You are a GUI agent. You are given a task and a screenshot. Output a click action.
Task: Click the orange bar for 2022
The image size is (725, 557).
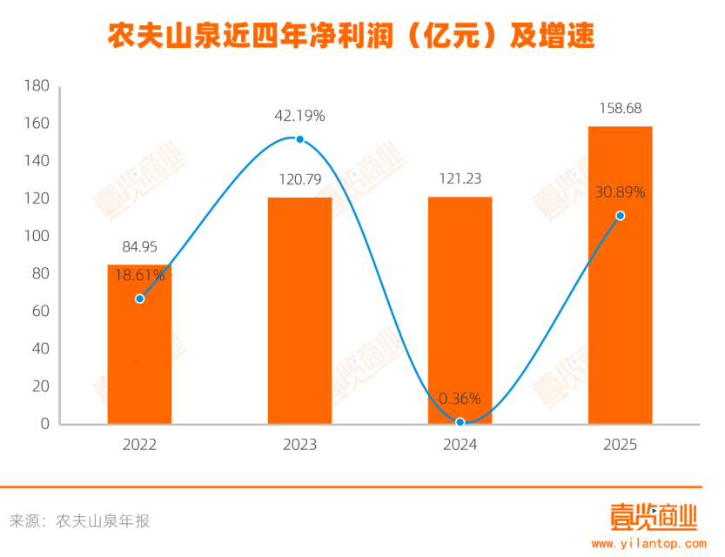click(139, 348)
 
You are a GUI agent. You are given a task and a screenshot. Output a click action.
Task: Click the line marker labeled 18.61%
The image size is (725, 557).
click(139, 299)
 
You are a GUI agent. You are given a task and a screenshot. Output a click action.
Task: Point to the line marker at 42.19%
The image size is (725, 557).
click(299, 139)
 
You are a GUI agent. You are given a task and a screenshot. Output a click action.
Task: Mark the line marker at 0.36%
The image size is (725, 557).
click(460, 422)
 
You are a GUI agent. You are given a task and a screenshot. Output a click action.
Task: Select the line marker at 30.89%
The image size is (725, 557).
click(620, 216)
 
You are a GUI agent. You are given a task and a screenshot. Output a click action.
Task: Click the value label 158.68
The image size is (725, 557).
click(620, 109)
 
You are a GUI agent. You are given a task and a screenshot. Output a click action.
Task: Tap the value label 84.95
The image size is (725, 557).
click(139, 247)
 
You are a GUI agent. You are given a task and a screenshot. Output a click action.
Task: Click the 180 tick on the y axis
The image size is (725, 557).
click(36, 86)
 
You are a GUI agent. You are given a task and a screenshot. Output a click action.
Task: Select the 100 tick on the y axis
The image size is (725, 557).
click(36, 237)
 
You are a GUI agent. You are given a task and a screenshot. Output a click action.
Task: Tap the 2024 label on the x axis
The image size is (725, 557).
click(460, 445)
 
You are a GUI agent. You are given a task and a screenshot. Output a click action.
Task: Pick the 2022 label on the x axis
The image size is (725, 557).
click(139, 445)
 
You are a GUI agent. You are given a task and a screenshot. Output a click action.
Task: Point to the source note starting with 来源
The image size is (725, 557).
click(79, 521)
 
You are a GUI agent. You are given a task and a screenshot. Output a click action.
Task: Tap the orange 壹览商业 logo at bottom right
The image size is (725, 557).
click(653, 518)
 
